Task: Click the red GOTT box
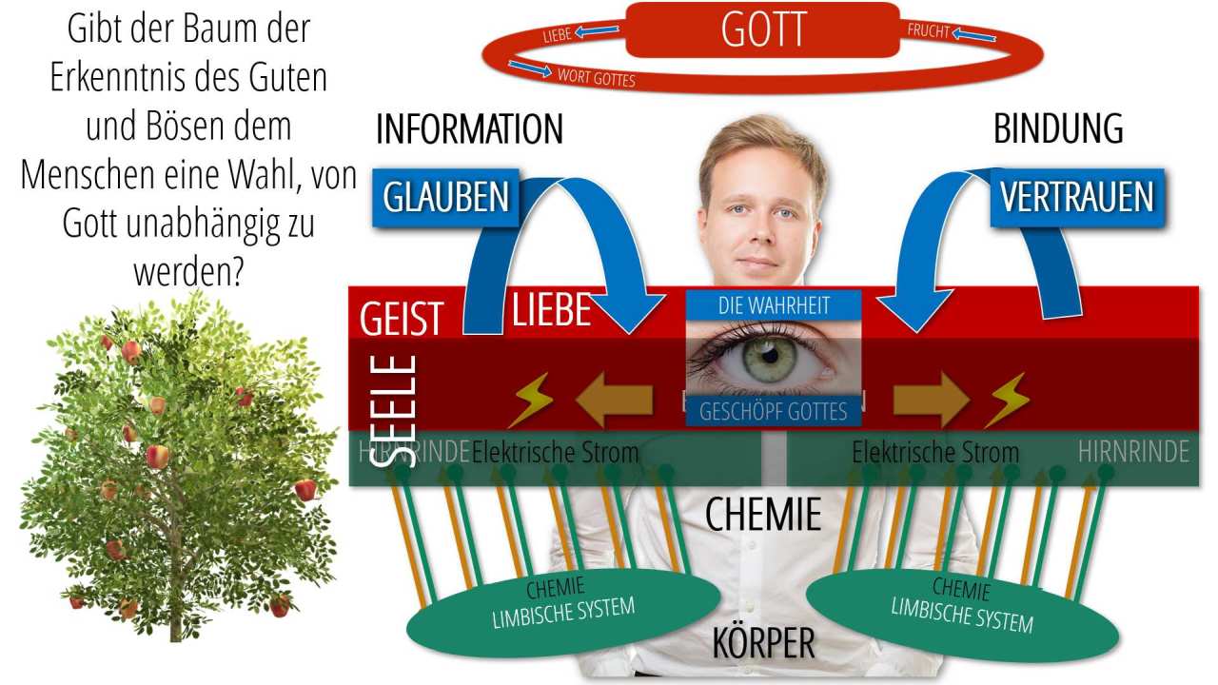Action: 762,29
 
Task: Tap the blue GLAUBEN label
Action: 445,197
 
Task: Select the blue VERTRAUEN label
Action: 1076,197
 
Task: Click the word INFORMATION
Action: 469,129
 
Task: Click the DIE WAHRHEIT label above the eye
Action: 773,305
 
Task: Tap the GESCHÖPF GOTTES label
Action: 773,411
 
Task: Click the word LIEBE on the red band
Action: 552,310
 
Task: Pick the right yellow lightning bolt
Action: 1005,400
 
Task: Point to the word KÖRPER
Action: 763,644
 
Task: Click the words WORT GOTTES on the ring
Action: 596,77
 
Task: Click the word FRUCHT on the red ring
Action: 928,30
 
